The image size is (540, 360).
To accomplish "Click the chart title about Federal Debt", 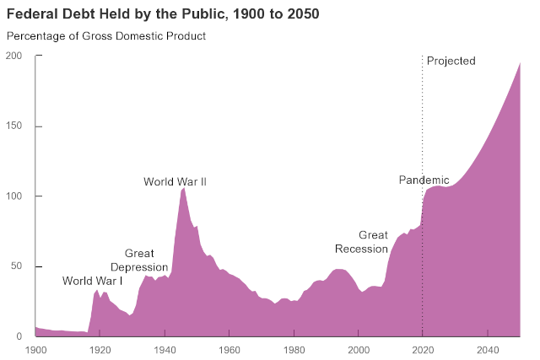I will [x=163, y=14].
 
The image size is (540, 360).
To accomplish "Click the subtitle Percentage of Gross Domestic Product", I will [x=106, y=36].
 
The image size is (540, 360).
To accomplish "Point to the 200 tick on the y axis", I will [x=14, y=56].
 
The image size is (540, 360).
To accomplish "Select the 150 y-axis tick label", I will [x=14, y=126].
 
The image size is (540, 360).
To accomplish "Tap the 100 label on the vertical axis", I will [x=14, y=196].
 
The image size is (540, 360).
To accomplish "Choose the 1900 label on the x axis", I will [x=36, y=349].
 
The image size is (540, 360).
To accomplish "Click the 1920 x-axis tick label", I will [x=100, y=349].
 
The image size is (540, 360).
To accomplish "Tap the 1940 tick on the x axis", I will [x=165, y=349].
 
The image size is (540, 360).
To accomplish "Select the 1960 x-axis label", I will [x=229, y=349].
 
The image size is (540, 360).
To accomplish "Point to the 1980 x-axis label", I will [x=294, y=349].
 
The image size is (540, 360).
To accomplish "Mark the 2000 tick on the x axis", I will [x=359, y=349].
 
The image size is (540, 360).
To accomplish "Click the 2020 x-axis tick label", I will [x=423, y=349].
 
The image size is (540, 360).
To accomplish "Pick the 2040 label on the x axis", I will [x=487, y=349].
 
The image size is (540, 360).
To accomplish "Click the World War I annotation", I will [x=93, y=281].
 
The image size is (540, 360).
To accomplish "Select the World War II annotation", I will [x=175, y=181].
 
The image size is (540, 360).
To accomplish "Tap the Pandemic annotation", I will [x=424, y=180].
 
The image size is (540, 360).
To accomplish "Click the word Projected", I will [x=451, y=61].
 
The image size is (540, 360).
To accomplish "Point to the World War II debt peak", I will [x=183, y=189].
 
